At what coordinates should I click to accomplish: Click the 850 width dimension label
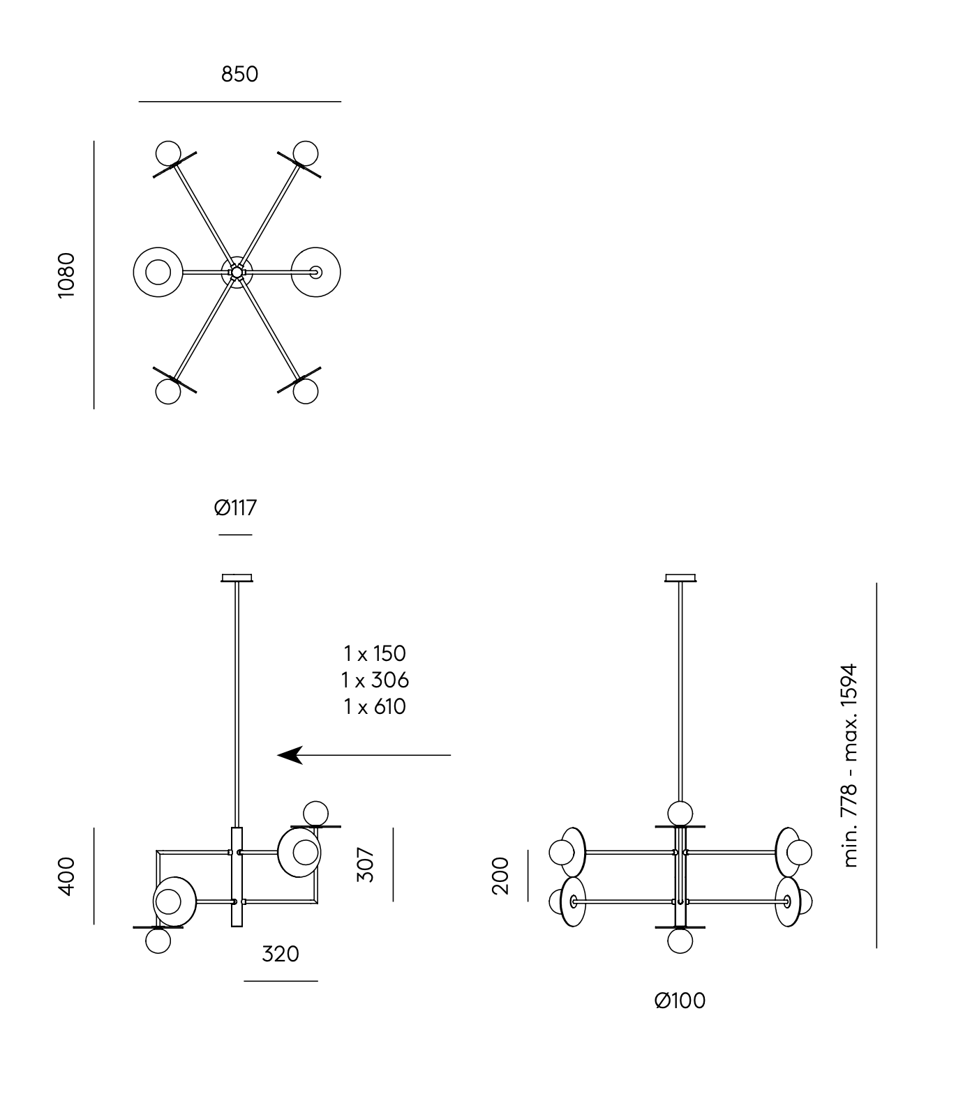pos(239,74)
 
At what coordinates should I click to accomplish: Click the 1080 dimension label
pos(66,275)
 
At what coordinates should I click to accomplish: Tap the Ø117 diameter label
pos(236,508)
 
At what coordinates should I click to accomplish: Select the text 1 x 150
pos(375,653)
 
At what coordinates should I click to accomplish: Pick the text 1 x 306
pos(375,680)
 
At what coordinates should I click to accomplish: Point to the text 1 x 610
pos(375,706)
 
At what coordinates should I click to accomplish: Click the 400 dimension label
pos(66,876)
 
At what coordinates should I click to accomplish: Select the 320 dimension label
pos(281,954)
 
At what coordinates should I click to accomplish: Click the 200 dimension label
pos(501,876)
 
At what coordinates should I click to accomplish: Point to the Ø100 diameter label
pos(680,1000)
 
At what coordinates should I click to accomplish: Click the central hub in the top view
pos(237,271)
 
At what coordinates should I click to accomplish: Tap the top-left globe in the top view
pos(168,153)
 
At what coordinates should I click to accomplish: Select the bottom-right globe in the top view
pos(306,391)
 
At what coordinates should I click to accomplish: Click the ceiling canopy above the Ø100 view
pos(680,577)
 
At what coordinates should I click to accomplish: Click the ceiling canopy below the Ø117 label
pos(237,577)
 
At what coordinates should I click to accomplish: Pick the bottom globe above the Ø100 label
pos(680,941)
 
